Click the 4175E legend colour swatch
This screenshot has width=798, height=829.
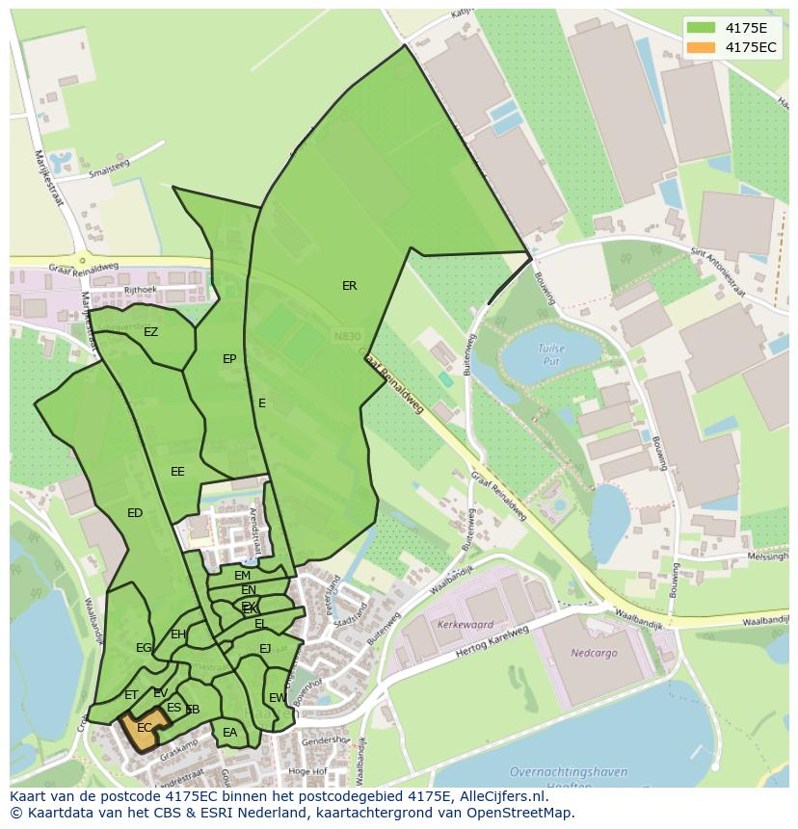[x=701, y=28]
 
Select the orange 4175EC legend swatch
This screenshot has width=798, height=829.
[x=701, y=47]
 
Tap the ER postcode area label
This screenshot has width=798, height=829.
[x=349, y=286]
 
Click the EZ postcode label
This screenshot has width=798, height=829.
[x=150, y=332]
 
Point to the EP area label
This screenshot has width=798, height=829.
[x=229, y=359]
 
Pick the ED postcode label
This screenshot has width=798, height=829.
[x=135, y=513]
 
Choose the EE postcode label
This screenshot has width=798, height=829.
[x=177, y=472]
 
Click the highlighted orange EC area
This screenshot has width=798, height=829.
[x=144, y=730]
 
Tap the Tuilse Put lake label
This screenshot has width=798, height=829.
[x=551, y=354]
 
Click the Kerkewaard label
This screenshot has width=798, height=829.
[x=465, y=625]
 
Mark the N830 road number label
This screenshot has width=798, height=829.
[x=346, y=336]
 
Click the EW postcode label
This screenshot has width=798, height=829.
[x=278, y=698]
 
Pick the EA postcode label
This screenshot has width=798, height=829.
[x=229, y=733]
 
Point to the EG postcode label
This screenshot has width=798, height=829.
[x=144, y=648]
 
